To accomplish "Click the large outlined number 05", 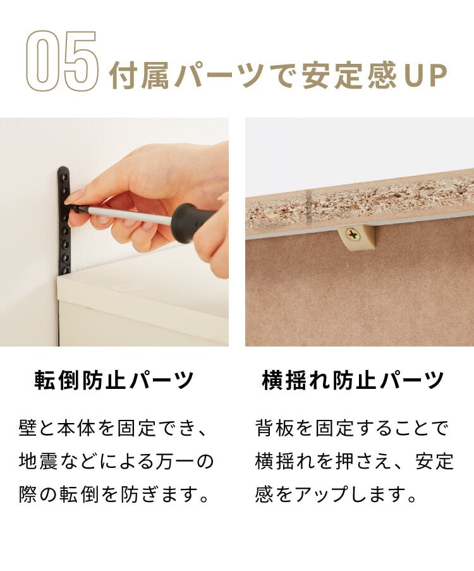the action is click(x=63, y=61).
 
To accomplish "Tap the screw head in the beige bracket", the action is click(x=353, y=235).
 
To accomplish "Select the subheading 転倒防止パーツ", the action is click(x=114, y=381).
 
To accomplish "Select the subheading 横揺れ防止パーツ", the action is click(x=353, y=381).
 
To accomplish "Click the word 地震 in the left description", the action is click(x=38, y=462).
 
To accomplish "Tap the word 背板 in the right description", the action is click(x=274, y=428).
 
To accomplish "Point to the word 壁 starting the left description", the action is click(x=28, y=428).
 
